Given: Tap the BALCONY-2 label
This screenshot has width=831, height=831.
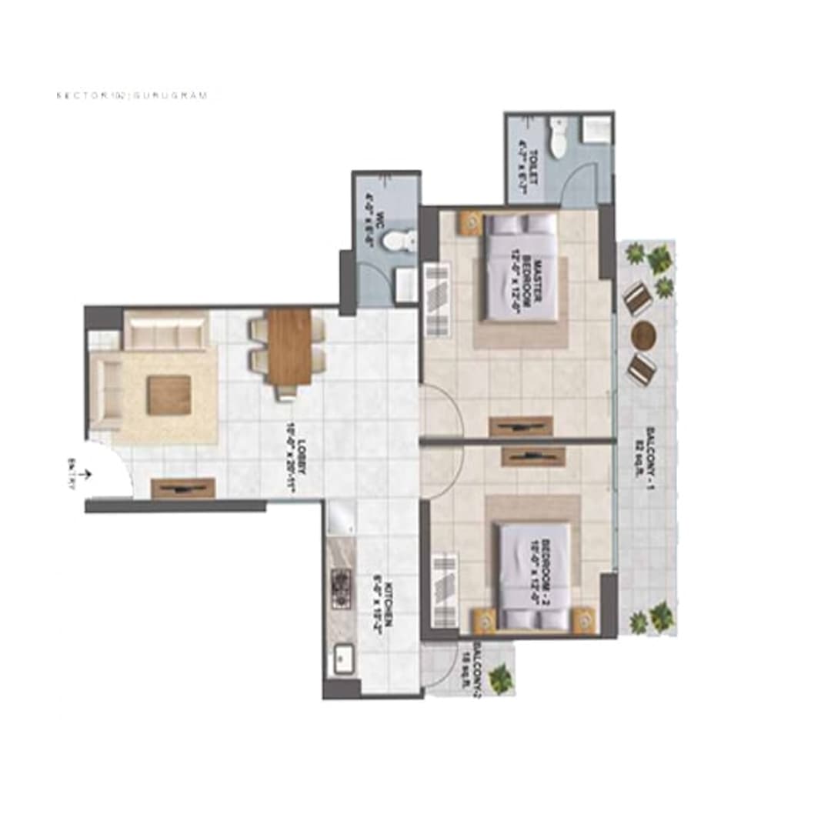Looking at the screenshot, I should tap(480, 663).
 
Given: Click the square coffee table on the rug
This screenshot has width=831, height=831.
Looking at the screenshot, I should tap(169, 395).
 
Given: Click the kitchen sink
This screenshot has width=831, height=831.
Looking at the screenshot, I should tap(340, 660).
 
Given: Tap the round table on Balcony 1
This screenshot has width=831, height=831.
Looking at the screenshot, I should tap(643, 335).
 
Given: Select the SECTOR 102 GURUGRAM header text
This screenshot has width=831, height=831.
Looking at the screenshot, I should tap(132, 96).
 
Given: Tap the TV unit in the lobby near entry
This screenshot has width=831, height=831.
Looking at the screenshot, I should tap(182, 487).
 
